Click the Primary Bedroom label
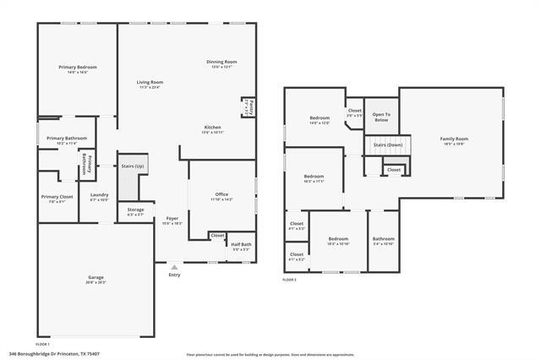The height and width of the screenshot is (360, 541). click(x=78, y=68)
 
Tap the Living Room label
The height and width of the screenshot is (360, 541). click(x=149, y=82)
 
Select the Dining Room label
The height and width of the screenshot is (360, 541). click(x=221, y=62)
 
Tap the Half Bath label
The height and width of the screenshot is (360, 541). click(x=241, y=245)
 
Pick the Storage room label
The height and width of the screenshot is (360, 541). click(x=135, y=210)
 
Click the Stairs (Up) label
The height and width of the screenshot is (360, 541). click(x=133, y=166)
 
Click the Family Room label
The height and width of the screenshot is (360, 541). click(x=453, y=139)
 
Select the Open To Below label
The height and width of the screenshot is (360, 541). click(x=381, y=116)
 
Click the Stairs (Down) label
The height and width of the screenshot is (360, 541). click(x=386, y=144)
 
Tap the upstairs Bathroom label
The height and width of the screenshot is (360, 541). click(x=384, y=238)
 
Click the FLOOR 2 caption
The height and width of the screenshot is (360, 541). click(x=289, y=279)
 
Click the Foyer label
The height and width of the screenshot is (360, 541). click(x=172, y=218)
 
